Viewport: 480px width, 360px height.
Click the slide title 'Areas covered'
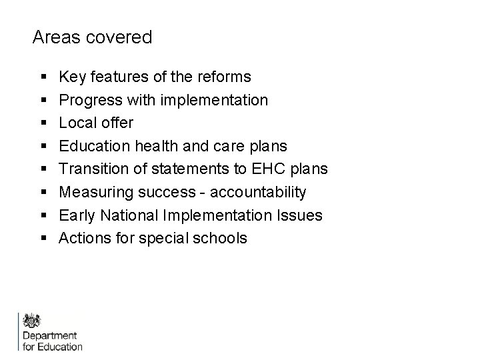pyautogui.click(x=92, y=37)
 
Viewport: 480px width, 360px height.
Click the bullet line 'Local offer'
pyautogui.click(x=96, y=123)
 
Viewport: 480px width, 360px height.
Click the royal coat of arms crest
pyautogui.click(x=32, y=319)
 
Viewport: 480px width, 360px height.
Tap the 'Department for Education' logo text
pyautogui.click(x=53, y=341)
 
